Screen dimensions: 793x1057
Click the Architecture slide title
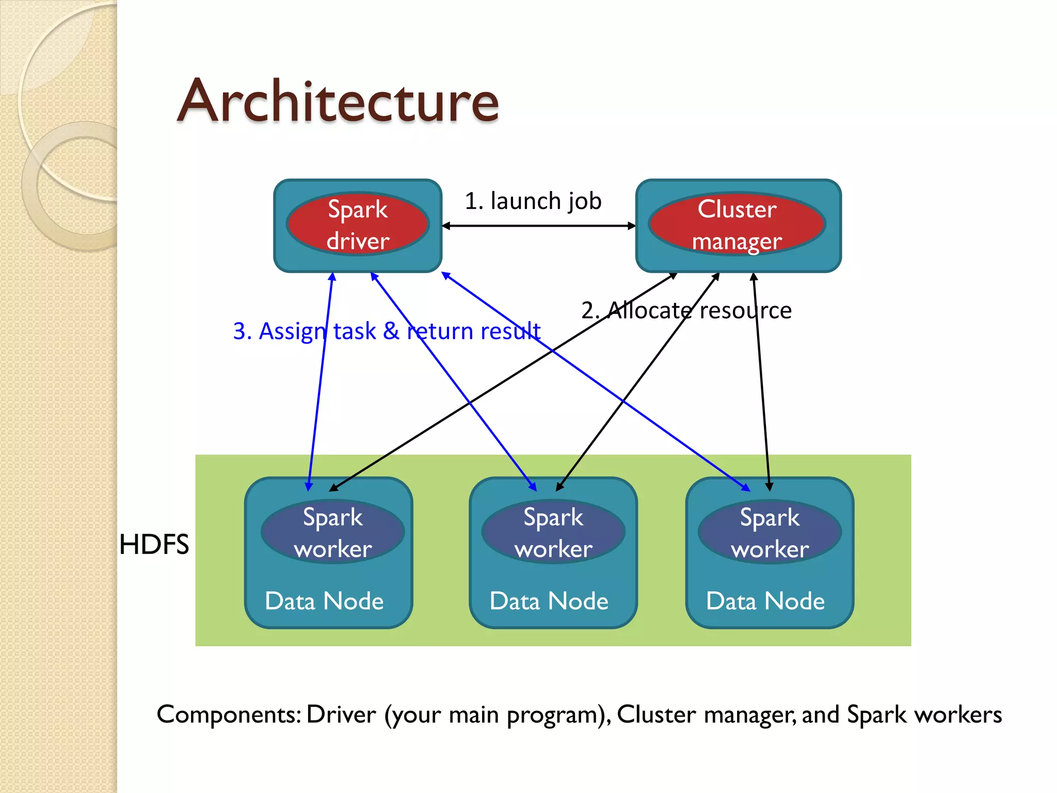(338, 101)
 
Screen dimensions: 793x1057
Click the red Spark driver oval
(358, 225)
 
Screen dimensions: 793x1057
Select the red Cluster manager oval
(737, 225)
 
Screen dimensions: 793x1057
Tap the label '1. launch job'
(533, 201)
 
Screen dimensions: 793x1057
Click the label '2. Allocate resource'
(686, 310)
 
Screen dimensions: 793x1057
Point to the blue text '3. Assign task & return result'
(387, 331)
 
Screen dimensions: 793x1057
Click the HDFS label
(154, 544)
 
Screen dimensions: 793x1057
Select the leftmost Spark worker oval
(333, 532)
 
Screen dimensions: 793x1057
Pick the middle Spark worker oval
(553, 532)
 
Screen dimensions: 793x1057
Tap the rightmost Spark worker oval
(770, 532)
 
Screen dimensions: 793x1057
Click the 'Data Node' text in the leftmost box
(324, 601)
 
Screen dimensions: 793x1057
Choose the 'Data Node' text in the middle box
(549, 601)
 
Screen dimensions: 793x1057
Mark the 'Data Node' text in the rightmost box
(765, 601)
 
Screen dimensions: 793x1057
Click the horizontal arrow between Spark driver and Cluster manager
(539, 226)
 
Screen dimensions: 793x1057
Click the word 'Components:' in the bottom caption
(229, 715)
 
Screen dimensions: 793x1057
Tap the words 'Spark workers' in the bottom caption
(924, 715)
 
